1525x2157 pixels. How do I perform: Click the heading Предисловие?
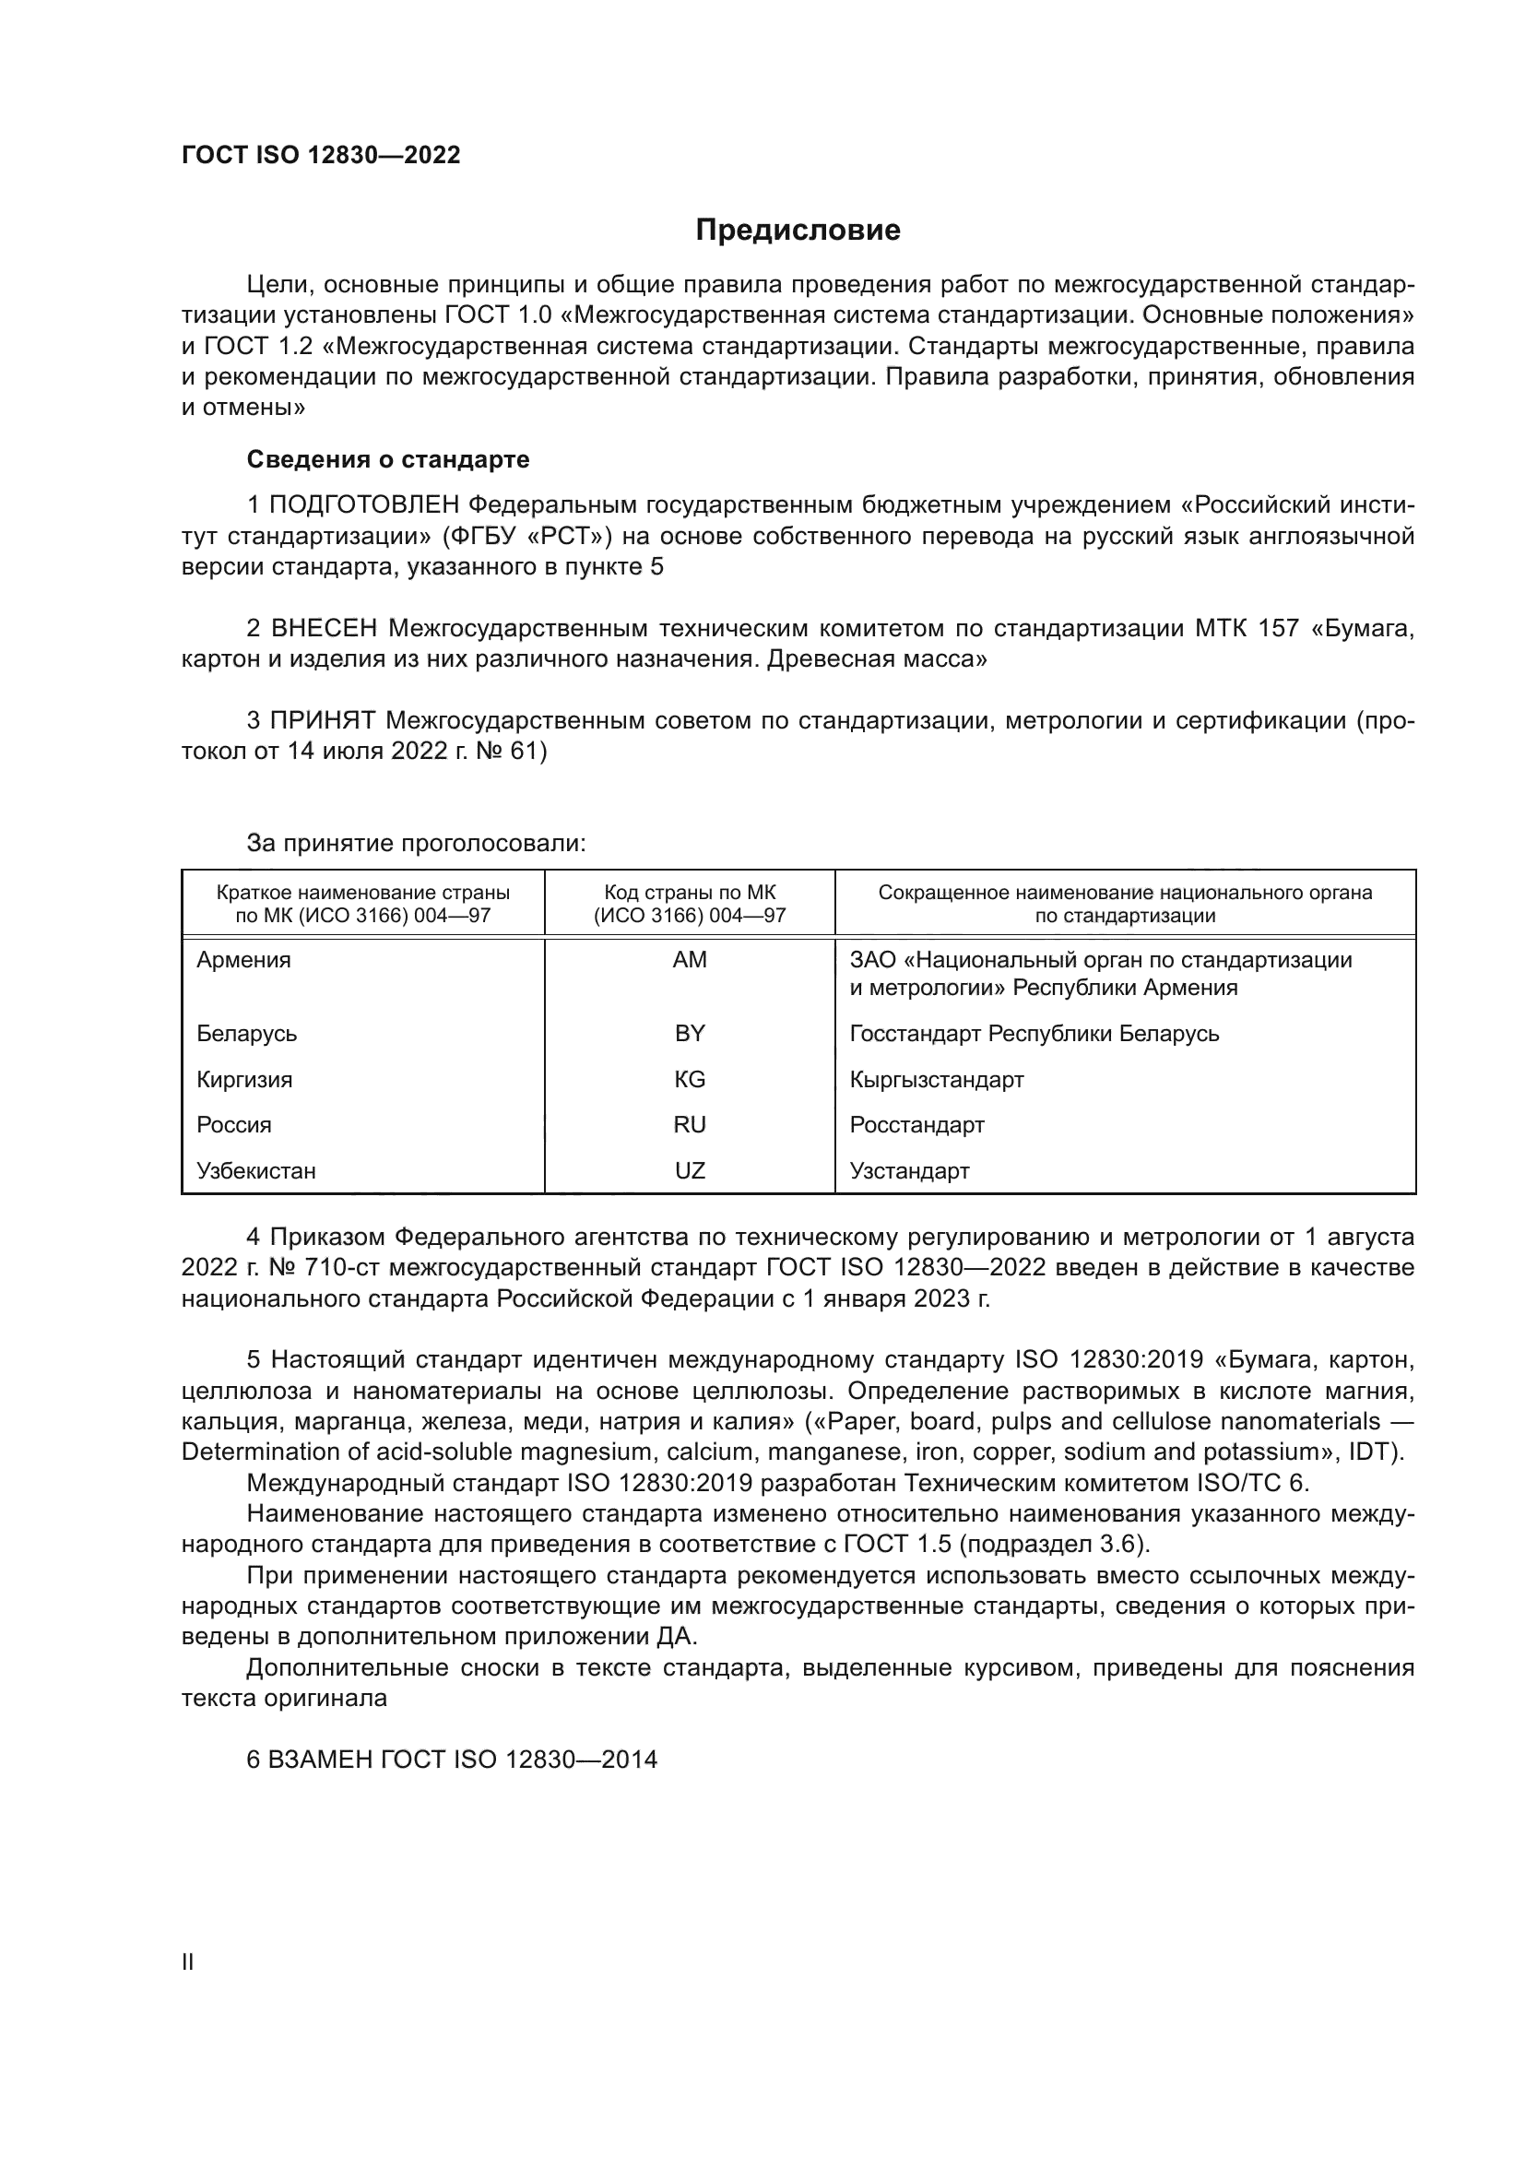click(798, 231)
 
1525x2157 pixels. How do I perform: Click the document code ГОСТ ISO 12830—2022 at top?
click(321, 156)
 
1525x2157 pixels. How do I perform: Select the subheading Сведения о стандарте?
click(388, 459)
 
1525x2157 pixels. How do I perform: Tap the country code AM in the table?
click(690, 960)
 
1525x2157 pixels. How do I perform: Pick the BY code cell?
click(690, 1034)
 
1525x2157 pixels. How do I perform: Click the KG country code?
click(690, 1080)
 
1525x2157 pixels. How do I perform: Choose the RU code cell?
click(690, 1124)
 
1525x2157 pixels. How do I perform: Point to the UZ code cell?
click(690, 1170)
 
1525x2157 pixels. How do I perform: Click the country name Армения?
click(243, 960)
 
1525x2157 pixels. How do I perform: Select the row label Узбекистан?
click(256, 1170)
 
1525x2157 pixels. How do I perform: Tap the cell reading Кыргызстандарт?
click(936, 1080)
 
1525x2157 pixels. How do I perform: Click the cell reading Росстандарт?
click(916, 1124)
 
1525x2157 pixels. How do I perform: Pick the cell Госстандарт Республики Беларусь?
click(1034, 1034)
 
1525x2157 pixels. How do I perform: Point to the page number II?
click(188, 1961)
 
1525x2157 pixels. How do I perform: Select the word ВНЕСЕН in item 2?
click(323, 628)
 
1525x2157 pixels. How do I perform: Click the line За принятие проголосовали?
click(416, 843)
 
